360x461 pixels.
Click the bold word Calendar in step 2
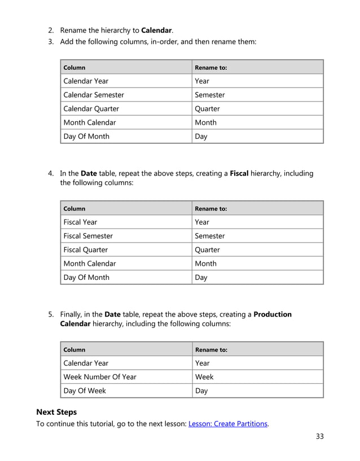pyautogui.click(x=156, y=29)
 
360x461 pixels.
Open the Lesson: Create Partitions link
pyautogui.click(x=227, y=424)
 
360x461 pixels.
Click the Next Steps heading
pyautogui.click(x=56, y=412)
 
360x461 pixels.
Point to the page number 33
pyautogui.click(x=320, y=436)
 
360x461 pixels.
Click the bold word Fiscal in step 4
pyautogui.click(x=239, y=173)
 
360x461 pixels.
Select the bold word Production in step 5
pyautogui.click(x=273, y=314)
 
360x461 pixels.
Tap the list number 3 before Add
pyautogui.click(x=50, y=42)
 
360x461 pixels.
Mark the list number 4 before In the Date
pyautogui.click(x=50, y=173)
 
